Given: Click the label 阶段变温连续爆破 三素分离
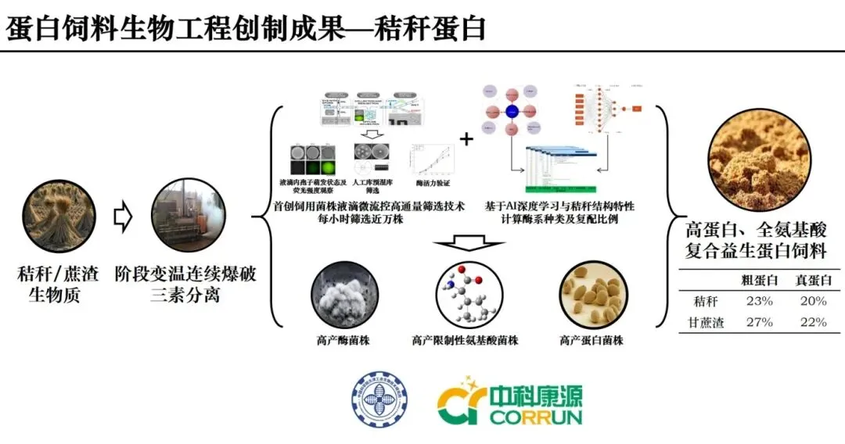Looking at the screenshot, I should coord(185,285).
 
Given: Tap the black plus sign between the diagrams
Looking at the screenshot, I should coord(466,140).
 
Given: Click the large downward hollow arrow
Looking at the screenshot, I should coord(466,249).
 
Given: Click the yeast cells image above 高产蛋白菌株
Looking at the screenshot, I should coord(591,295).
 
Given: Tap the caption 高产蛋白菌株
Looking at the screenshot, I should coord(591,340).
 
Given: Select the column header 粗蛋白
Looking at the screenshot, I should coord(758,281).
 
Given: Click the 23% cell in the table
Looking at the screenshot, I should coord(758,301).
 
